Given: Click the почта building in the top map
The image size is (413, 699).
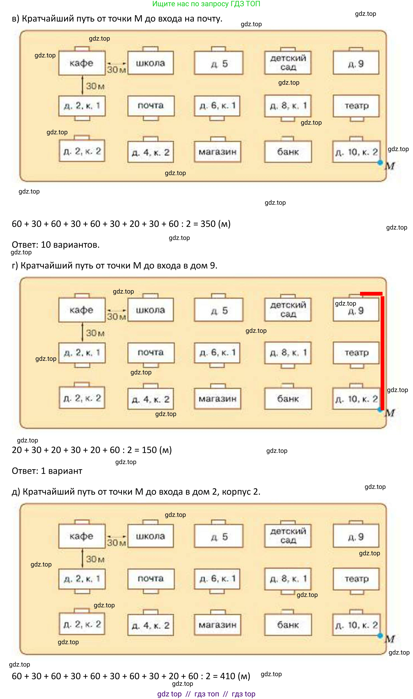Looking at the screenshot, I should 151,106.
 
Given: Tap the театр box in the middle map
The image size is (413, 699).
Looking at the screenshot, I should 356,353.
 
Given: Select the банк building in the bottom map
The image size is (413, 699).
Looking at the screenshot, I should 288,625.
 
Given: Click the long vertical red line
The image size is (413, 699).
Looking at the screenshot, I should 382,353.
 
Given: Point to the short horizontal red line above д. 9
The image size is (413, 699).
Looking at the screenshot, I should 371,294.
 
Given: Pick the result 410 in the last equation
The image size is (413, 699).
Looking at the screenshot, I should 228,676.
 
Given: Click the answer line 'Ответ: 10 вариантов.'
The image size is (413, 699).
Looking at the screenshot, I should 56,245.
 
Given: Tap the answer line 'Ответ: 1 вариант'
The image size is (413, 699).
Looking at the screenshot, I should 47,471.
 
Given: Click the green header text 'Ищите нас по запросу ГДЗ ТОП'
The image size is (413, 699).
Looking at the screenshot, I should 206,4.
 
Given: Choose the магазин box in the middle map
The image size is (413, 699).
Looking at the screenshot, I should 218,399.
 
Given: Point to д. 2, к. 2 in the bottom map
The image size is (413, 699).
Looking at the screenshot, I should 82,624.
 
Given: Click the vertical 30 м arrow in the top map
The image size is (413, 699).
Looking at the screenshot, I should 82,85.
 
